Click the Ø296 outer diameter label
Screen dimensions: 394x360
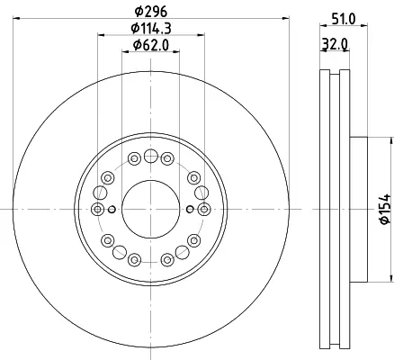tap(150, 12)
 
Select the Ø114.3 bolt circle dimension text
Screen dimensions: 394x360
tap(151, 29)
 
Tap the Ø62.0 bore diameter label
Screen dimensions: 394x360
tap(151, 45)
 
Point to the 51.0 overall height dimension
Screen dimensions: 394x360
tap(344, 20)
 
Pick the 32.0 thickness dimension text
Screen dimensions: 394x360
tap(335, 45)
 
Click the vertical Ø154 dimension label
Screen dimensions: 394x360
tap(385, 209)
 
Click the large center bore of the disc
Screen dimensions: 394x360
tap(150, 210)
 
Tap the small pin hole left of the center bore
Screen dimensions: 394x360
tap(112, 210)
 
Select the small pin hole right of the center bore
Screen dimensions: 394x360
tap(190, 210)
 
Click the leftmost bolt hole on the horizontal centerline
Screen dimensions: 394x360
tap(97, 210)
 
